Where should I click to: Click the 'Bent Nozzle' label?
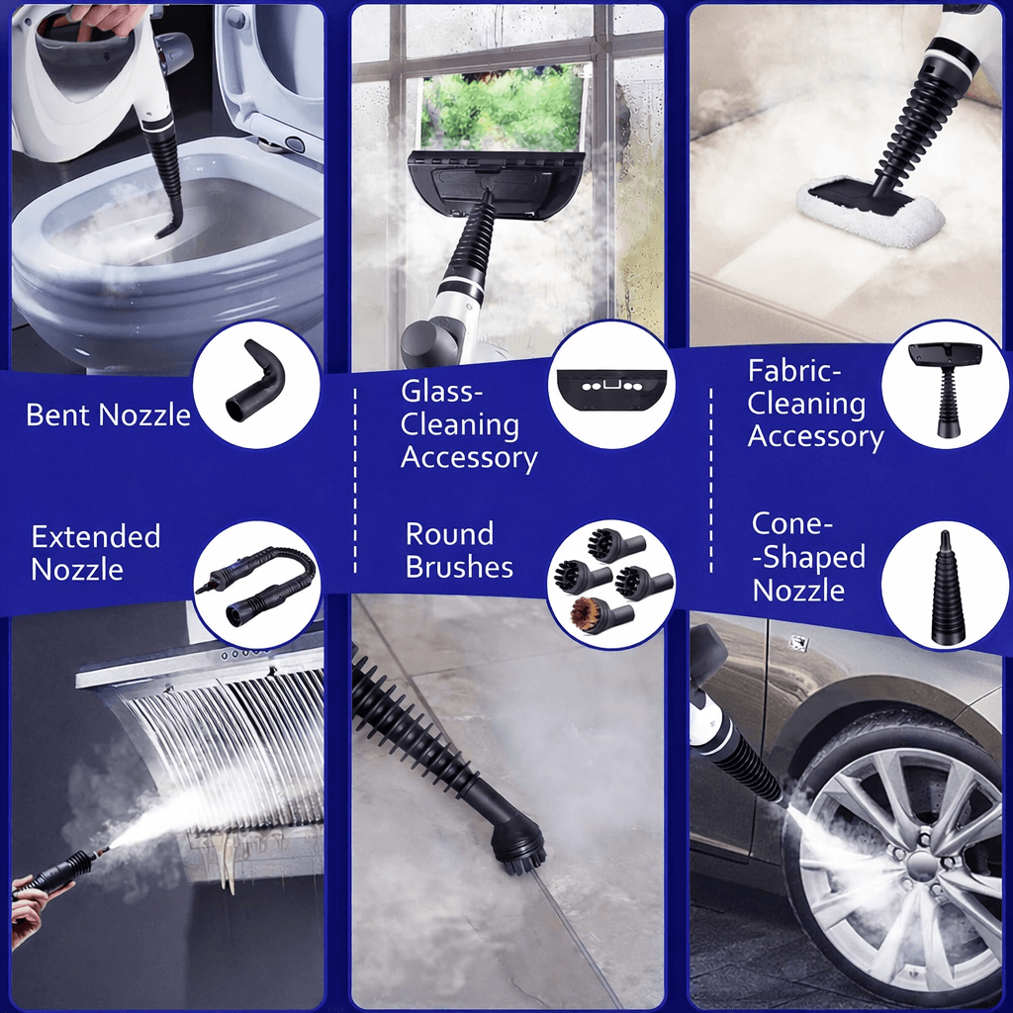pyautogui.click(x=108, y=414)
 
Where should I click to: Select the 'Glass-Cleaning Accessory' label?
pyautogui.click(x=468, y=425)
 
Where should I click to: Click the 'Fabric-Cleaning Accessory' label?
pyautogui.click(x=815, y=404)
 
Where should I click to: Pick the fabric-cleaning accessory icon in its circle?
pyautogui.click(x=945, y=388)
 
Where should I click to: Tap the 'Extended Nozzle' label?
pyautogui.click(x=96, y=553)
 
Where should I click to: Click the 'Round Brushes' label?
pyautogui.click(x=459, y=550)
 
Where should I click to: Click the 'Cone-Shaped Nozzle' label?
pyautogui.click(x=808, y=557)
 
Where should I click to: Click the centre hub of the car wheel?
pyautogui.click(x=922, y=865)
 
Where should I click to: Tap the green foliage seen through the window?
pyautogui.click(x=502, y=107)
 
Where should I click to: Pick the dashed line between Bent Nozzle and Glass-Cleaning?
pyautogui.click(x=355, y=481)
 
